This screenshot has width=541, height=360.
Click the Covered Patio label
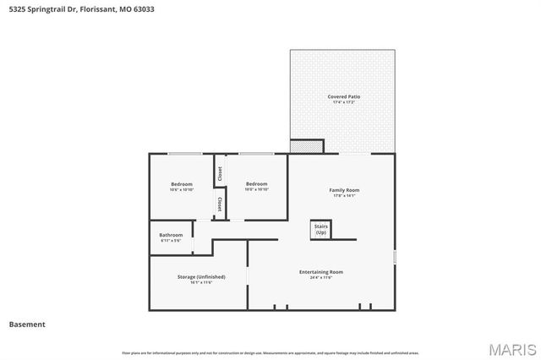click(344, 97)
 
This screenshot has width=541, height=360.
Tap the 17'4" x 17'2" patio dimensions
click(344, 104)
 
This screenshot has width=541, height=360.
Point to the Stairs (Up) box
click(320, 228)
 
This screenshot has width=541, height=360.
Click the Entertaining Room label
click(320, 271)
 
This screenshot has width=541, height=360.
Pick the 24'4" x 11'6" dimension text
click(320, 278)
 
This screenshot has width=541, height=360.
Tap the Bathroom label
click(171, 235)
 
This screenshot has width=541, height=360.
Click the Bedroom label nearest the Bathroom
click(182, 184)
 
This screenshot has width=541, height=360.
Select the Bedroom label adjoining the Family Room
click(256, 183)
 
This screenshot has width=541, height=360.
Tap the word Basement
click(27, 325)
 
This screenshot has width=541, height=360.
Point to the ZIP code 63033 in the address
click(144, 9)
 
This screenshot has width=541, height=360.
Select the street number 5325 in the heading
click(17, 9)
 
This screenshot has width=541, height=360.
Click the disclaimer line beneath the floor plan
click(270, 352)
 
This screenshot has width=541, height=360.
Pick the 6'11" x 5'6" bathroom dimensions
click(171, 241)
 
